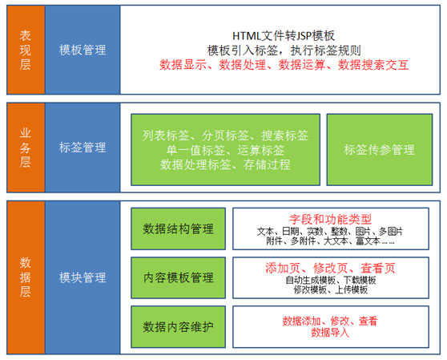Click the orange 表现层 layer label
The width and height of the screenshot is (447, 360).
click(x=26, y=50)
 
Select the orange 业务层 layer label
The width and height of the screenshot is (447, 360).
click(x=26, y=148)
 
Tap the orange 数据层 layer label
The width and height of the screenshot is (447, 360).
click(x=26, y=277)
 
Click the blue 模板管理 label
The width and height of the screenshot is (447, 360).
click(x=83, y=50)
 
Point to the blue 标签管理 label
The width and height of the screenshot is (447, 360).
click(x=83, y=148)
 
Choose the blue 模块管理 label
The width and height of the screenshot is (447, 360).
click(x=83, y=277)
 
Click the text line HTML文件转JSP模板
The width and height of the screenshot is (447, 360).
click(x=284, y=36)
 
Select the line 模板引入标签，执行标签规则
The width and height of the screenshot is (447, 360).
click(x=284, y=51)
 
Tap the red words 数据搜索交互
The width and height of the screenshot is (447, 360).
click(x=373, y=65)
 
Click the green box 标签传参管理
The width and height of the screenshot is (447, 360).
click(x=380, y=150)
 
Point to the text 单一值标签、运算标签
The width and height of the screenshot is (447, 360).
click(x=225, y=150)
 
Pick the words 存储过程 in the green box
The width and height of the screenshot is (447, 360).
click(x=267, y=164)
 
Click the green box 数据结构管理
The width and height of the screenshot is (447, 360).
click(x=178, y=229)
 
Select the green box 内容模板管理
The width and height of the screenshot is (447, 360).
click(x=178, y=278)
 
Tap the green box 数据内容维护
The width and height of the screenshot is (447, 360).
click(x=178, y=327)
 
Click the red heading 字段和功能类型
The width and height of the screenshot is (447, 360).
click(x=330, y=220)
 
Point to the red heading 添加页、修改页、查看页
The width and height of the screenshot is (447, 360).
click(x=330, y=268)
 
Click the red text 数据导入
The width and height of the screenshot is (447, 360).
click(x=330, y=333)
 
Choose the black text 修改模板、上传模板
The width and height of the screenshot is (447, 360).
click(x=331, y=289)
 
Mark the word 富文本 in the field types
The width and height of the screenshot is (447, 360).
click(x=368, y=241)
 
